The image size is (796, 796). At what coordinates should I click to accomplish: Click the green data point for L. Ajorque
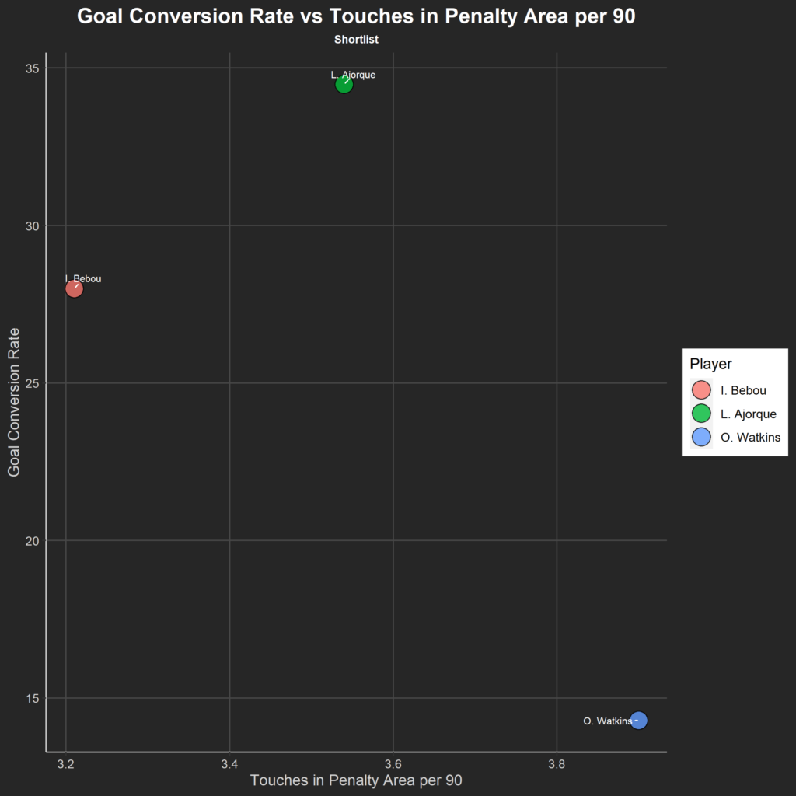[344, 84]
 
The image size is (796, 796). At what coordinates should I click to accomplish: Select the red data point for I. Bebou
[74, 288]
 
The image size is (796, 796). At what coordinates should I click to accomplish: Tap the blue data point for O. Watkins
[638, 721]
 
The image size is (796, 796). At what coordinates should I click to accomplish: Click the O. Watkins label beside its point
[607, 721]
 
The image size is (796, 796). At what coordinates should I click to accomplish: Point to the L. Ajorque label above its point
[353, 75]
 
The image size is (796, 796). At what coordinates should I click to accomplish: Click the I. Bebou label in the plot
[83, 279]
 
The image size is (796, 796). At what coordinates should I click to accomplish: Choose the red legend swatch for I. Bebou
[701, 390]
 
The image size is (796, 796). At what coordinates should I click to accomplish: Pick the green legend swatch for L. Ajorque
[701, 414]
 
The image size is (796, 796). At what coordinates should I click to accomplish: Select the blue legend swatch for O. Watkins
[701, 437]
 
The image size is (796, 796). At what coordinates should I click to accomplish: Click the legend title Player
[710, 364]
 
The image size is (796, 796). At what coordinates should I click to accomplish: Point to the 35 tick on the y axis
[33, 68]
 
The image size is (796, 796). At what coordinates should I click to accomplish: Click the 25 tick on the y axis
[33, 383]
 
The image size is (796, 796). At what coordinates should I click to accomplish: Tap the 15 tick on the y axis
[33, 698]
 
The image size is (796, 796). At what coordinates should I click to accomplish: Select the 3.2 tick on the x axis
[66, 764]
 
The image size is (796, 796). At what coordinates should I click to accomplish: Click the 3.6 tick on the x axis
[393, 764]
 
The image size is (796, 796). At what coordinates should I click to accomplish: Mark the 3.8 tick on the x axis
[557, 764]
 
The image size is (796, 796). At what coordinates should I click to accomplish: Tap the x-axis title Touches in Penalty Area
[356, 780]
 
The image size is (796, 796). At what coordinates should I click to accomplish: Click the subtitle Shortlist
[356, 39]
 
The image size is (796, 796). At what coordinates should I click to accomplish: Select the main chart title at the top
[356, 17]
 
